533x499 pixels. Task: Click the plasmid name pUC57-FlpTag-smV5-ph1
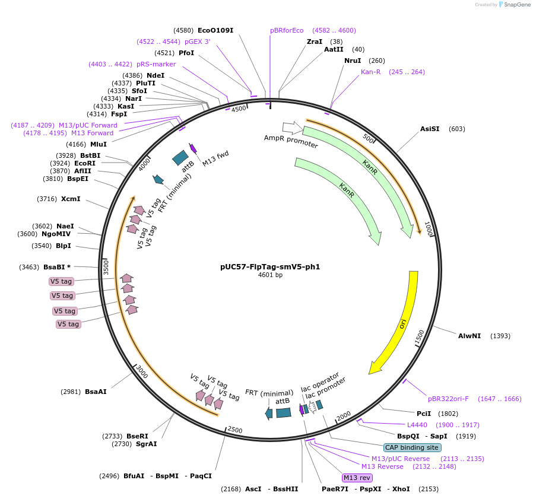pyautogui.click(x=270, y=267)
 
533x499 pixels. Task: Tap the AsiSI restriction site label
pyautogui.click(x=430, y=129)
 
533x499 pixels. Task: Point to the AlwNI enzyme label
pyautogui.click(x=469, y=336)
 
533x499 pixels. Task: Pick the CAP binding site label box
pyautogui.click(x=412, y=447)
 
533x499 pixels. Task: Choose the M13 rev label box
pyautogui.click(x=357, y=478)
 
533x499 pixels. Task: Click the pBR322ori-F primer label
pyautogui.click(x=448, y=399)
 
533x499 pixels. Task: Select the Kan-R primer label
pyautogui.click(x=370, y=72)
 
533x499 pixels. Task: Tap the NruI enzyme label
pyautogui.click(x=353, y=61)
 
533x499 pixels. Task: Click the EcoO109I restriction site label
pyautogui.click(x=215, y=30)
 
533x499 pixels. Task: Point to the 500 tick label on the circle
pyautogui.click(x=368, y=138)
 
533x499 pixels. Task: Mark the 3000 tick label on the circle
pyautogui.click(x=142, y=372)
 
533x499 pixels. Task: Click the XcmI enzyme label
pyautogui.click(x=71, y=199)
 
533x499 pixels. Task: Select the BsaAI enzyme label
pyautogui.click(x=96, y=392)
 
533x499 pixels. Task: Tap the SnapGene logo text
pyautogui.click(x=517, y=4)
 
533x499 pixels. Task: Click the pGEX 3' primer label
pyautogui.click(x=198, y=42)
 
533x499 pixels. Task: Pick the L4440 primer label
pyautogui.click(x=417, y=425)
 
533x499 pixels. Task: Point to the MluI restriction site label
pyautogui.click(x=99, y=144)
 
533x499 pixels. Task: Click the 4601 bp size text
pyautogui.click(x=270, y=275)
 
